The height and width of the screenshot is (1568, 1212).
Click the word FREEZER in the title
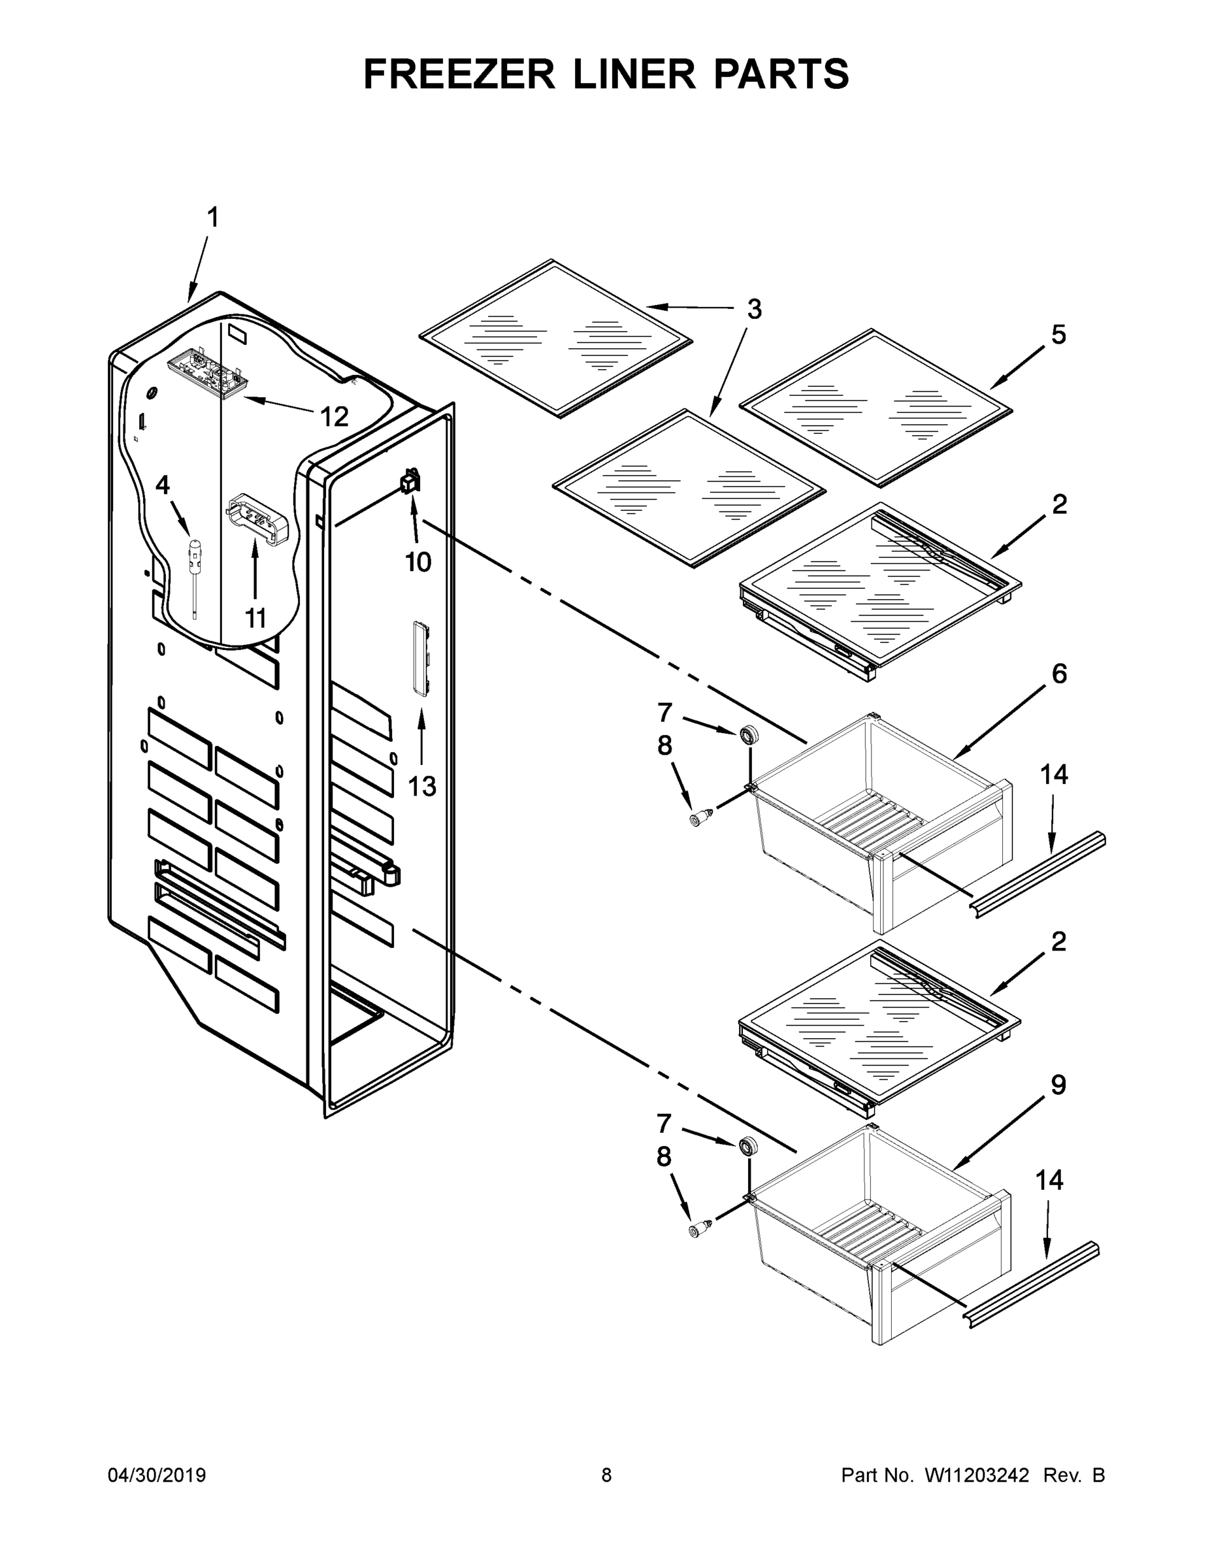(459, 74)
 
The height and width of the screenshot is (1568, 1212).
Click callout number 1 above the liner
(212, 218)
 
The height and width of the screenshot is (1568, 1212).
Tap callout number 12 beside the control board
(334, 416)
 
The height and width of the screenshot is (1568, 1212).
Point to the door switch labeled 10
(412, 482)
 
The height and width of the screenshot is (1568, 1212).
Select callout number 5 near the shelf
(1058, 335)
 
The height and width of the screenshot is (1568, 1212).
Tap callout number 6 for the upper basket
(1059, 674)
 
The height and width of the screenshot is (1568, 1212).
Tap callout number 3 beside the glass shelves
(754, 310)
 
